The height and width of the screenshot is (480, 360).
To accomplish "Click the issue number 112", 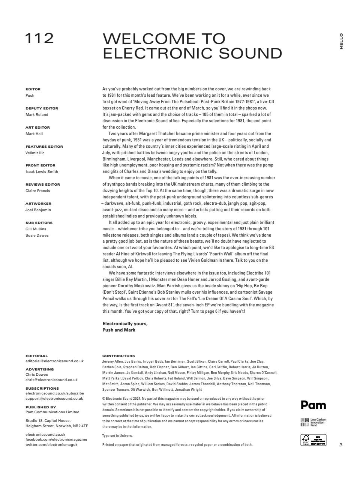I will tap(39, 38).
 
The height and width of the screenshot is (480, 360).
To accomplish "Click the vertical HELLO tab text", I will tap(341, 41).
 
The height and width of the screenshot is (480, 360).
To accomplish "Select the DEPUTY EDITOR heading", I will tap(42, 108).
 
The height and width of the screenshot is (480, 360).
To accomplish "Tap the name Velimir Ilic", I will tap(35, 153).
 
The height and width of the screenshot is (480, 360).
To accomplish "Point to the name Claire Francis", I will tap(37, 190).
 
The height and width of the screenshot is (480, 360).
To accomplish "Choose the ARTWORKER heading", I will tap(38, 204).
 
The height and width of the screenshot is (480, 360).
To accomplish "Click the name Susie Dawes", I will tap(37, 235).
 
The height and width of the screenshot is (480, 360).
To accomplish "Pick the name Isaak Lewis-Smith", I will tap(42, 171).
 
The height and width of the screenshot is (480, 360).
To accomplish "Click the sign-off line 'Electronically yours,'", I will tap(125, 324).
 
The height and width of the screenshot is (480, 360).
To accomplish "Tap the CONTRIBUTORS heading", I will tap(118, 356).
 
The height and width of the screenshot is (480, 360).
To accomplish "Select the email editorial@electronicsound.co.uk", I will tap(54, 361).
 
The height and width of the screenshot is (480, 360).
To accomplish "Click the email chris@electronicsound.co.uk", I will tap(51, 379).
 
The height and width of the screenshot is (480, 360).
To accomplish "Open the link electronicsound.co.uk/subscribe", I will tap(55, 393).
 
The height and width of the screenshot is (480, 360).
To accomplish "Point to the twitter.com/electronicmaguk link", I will tap(51, 444).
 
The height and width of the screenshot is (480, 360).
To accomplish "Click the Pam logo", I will tap(313, 405).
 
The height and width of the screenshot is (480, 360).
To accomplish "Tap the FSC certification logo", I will tap(313, 440).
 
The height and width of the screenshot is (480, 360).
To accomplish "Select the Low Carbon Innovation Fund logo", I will tap(313, 422).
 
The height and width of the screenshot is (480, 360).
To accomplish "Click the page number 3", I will tap(341, 445).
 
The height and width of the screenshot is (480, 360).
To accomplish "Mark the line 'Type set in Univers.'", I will tap(117, 436).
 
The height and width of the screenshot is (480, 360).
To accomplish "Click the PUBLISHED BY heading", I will tap(40, 407).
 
